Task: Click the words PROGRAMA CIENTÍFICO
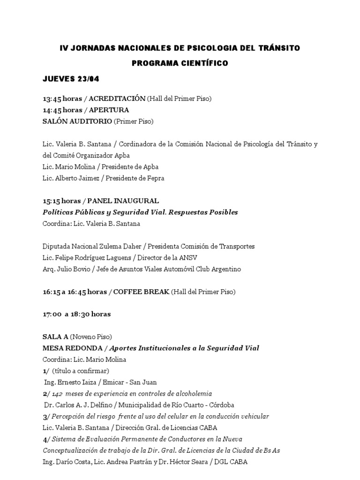click(180, 63)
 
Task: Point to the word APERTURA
click(109, 110)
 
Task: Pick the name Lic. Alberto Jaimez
click(69, 178)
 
